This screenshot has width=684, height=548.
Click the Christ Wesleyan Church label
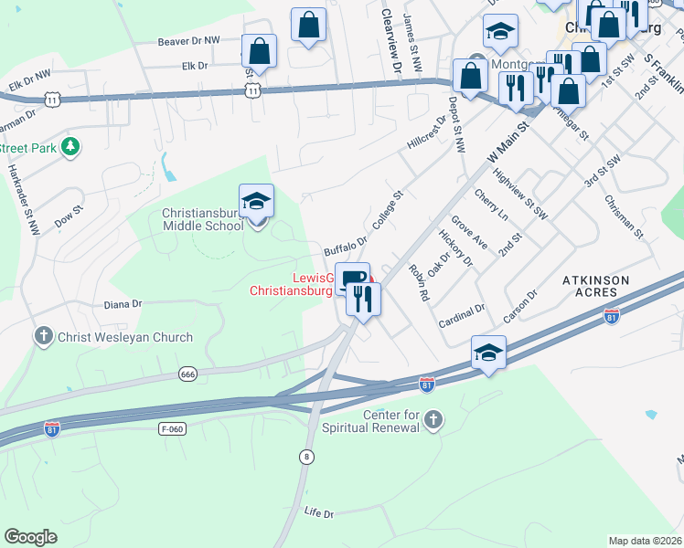coord(125,338)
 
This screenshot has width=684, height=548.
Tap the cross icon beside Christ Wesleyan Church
coord(42,337)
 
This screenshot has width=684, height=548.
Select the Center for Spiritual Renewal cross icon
coord(433,420)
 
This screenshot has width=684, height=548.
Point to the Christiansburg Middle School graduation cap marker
coord(257,203)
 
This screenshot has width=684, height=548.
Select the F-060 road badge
coord(170,427)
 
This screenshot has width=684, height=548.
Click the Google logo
coord(31,537)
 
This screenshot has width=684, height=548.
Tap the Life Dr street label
coord(319,513)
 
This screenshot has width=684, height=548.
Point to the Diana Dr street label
coord(123,304)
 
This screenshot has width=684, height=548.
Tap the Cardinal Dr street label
coord(461,314)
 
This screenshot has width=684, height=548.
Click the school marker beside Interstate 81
coord(488,353)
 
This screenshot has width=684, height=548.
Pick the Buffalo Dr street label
coord(346,247)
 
